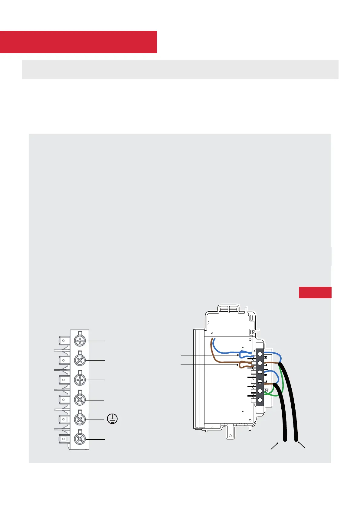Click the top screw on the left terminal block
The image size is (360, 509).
coord(80,341)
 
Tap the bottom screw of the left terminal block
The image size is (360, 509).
coord(80,439)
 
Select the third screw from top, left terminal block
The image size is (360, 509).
coord(80,380)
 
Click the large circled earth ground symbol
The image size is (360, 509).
coord(113,419)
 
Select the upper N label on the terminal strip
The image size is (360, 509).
coord(266,358)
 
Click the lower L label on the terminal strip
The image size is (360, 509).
coord(266,381)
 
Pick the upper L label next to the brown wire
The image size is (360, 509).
coord(266,365)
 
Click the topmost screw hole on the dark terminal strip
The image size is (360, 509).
coord(260,353)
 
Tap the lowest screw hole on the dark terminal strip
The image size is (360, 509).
coord(260,400)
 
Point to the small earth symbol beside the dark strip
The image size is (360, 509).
coord(266,391)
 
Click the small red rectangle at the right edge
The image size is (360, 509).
coord(315,292)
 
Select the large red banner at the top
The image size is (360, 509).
coord(78,42)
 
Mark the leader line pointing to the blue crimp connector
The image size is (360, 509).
coord(209,355)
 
